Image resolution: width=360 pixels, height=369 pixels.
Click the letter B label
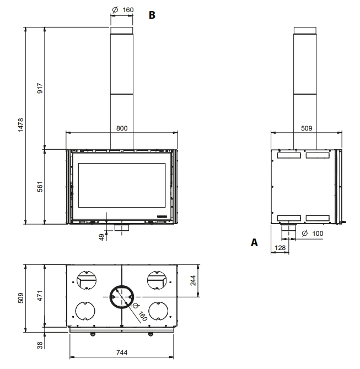(152, 15)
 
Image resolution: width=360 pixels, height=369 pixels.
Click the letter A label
(254, 242)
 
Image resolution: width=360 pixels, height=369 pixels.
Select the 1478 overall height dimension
(21, 125)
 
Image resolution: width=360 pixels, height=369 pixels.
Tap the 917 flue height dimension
(40, 88)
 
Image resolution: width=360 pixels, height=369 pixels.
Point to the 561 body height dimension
(40, 187)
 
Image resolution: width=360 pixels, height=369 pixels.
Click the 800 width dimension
(122, 128)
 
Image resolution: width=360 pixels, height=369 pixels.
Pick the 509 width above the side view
(307, 128)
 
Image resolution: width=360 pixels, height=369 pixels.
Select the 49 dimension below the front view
(101, 237)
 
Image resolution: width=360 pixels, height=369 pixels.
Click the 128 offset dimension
(280, 248)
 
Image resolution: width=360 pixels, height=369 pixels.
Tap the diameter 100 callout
(313, 234)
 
